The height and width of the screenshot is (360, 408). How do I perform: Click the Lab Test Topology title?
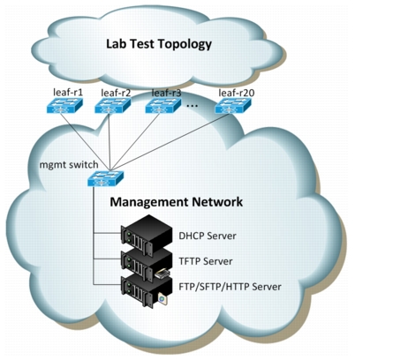coord(159,44)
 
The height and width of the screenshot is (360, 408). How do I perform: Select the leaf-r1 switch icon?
coord(64,106)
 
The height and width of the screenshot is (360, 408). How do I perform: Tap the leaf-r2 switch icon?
coord(112,106)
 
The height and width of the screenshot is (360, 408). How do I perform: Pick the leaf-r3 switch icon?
coord(163,106)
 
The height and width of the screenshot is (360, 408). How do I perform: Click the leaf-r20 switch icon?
coord(233,106)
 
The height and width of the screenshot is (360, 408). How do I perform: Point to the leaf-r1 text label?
coord(68,93)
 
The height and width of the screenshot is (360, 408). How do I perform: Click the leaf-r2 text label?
coord(116,93)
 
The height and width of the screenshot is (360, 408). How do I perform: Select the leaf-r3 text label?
coord(166,93)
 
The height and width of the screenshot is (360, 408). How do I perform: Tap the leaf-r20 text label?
coord(237,93)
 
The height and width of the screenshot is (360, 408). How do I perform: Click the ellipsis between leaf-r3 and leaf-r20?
coord(193,106)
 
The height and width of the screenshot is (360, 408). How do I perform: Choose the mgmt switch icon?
coord(106,178)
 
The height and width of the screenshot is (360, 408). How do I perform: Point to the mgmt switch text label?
coord(69,165)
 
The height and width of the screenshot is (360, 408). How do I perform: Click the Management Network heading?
coord(177,202)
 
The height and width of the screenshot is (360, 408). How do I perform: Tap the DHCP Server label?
coord(208,236)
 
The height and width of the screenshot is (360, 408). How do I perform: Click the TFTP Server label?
coord(206,261)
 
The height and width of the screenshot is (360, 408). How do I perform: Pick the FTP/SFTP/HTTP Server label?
coord(230,287)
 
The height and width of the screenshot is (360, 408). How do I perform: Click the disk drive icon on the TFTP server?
coord(162,274)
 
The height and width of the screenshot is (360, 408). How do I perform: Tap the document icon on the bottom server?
coord(162,299)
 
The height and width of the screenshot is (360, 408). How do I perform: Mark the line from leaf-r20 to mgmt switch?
coord(170,142)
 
